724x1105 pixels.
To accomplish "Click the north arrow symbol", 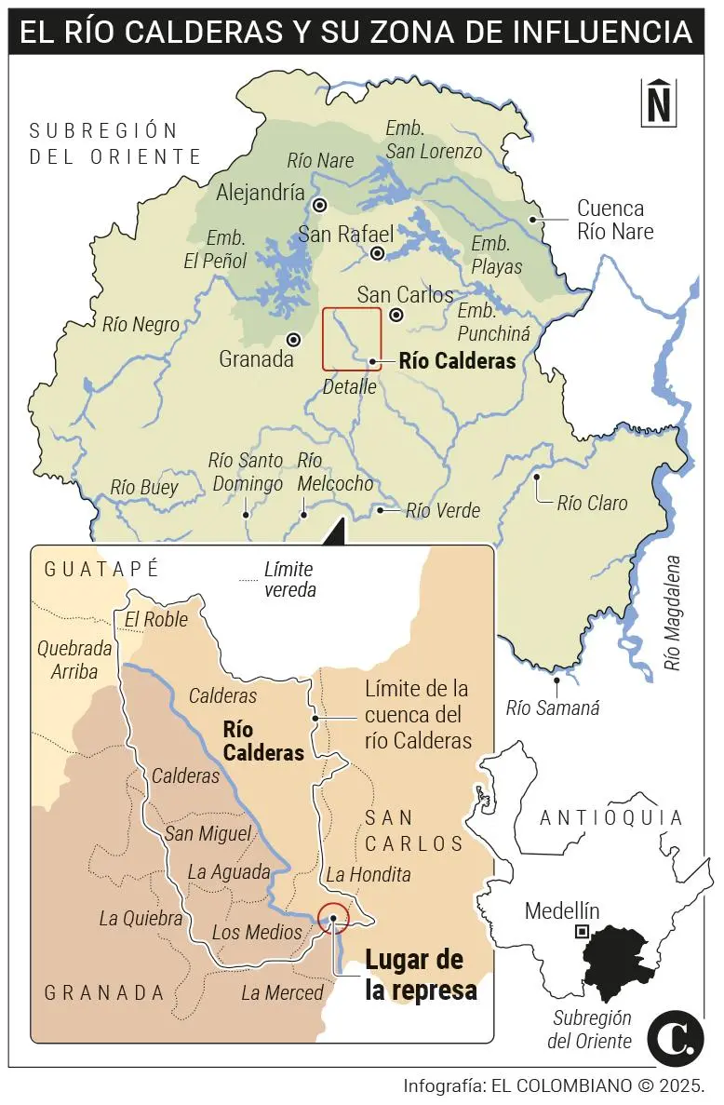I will click(659, 101).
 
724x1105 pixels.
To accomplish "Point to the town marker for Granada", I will click(294, 340).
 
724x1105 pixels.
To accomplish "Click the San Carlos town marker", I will click(396, 315).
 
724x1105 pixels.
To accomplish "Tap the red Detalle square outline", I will click(352, 339).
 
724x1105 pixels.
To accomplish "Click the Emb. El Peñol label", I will click(214, 249).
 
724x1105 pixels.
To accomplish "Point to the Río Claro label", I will click(592, 504).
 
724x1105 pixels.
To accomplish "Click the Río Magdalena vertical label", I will click(674, 613).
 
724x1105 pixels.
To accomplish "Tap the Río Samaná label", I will click(553, 708).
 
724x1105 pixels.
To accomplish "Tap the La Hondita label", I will click(368, 875).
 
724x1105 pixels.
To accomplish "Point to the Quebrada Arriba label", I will click(74, 659).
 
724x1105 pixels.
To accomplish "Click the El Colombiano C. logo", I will click(676, 1036).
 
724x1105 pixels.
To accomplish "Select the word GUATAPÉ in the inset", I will click(102, 568).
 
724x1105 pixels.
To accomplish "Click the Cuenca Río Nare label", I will click(615, 220).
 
